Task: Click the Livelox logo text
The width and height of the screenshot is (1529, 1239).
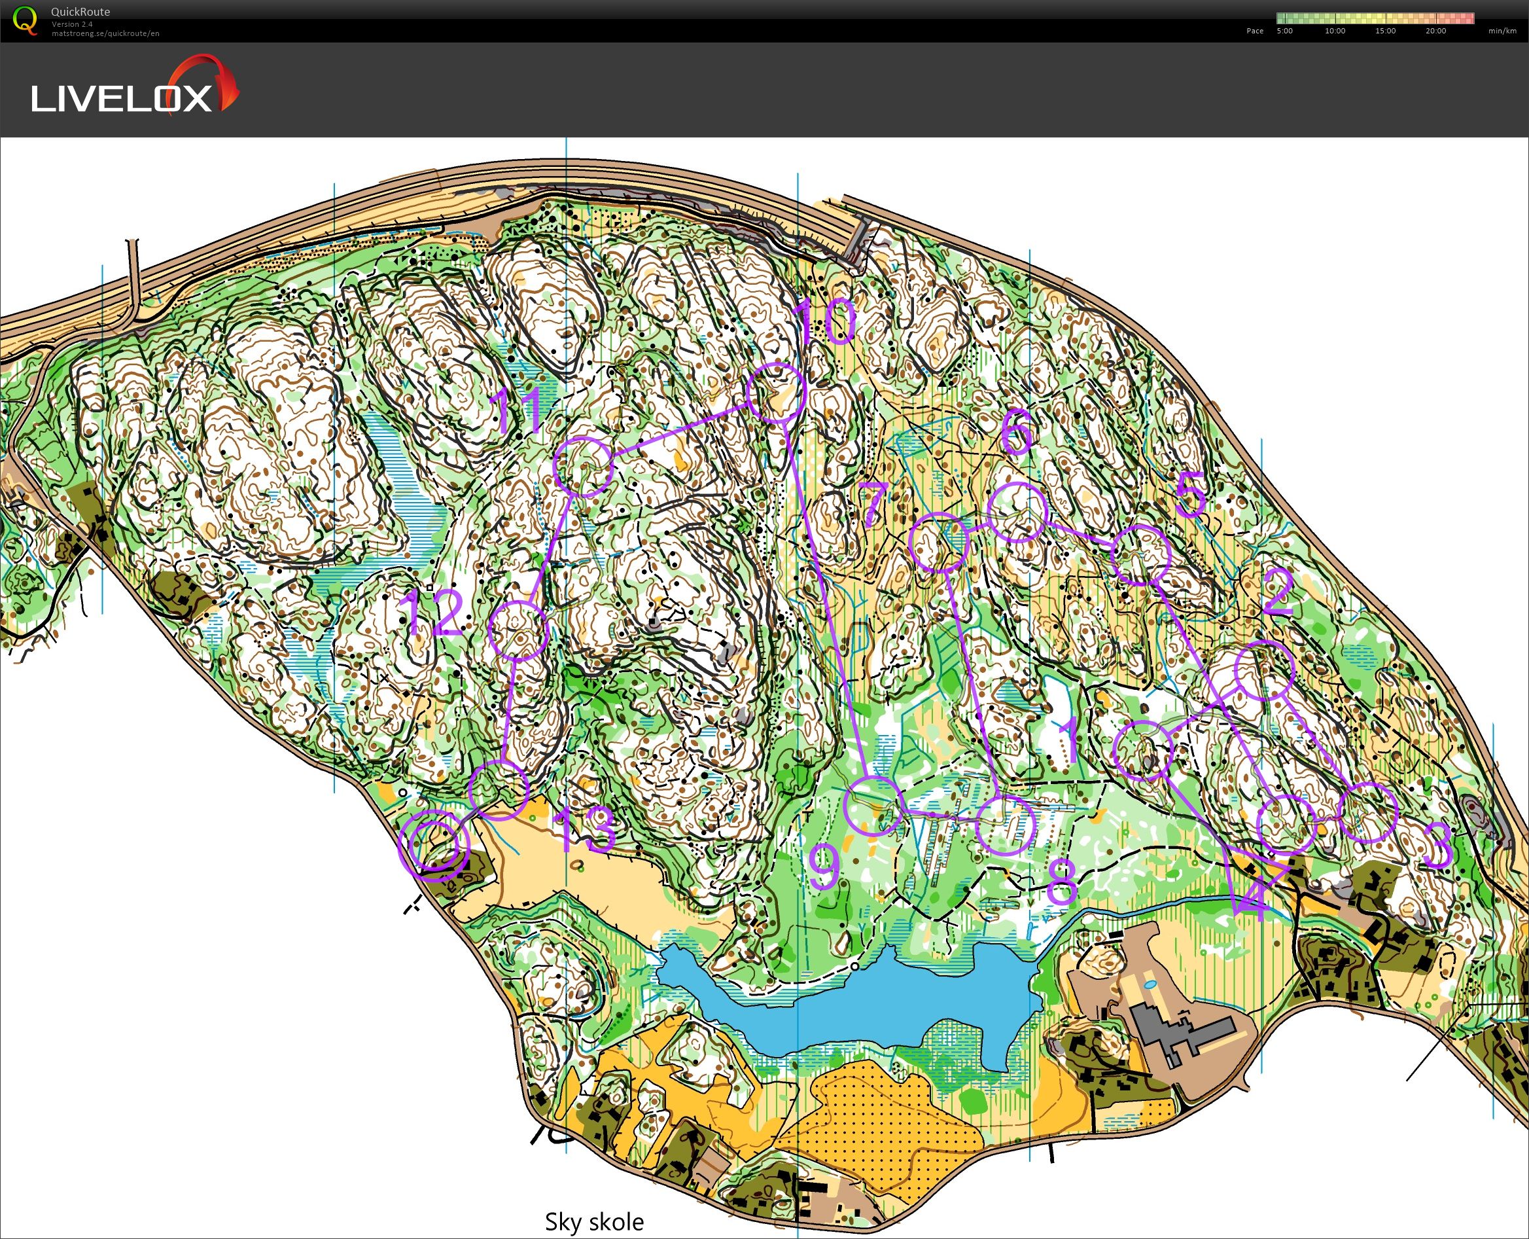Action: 121,98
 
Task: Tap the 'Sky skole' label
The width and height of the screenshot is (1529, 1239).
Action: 593,1221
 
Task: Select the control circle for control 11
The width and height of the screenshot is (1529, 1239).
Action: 584,467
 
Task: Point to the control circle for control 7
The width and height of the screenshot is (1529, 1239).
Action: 940,542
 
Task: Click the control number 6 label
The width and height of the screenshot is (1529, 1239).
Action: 1017,431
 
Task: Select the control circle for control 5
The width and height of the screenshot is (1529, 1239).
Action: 1142,554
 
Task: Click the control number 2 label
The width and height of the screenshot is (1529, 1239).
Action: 1277,592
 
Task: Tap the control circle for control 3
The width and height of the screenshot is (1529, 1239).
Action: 1367,812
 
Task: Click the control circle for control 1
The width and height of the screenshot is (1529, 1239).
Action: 1143,749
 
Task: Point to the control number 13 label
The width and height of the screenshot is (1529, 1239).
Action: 584,830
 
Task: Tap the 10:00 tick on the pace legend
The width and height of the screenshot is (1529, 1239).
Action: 1335,31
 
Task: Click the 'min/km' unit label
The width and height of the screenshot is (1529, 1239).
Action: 1502,31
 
